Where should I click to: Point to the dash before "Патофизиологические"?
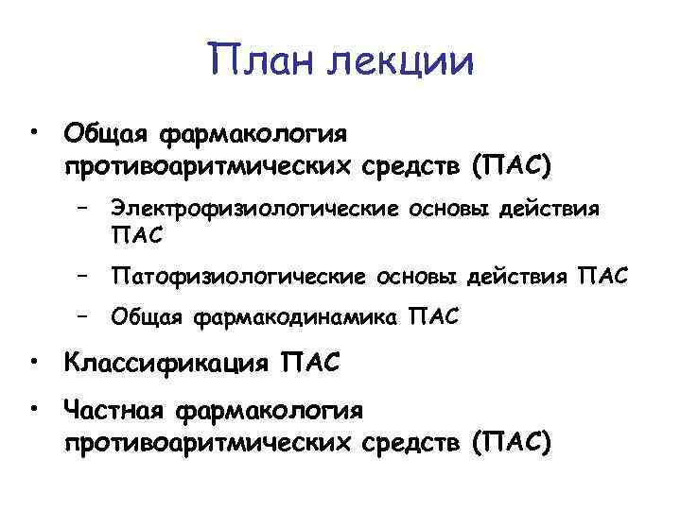point(84,276)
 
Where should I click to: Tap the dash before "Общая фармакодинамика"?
point(84,316)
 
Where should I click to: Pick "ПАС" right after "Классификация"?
point(309,363)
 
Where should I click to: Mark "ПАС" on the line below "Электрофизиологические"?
point(136,232)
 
